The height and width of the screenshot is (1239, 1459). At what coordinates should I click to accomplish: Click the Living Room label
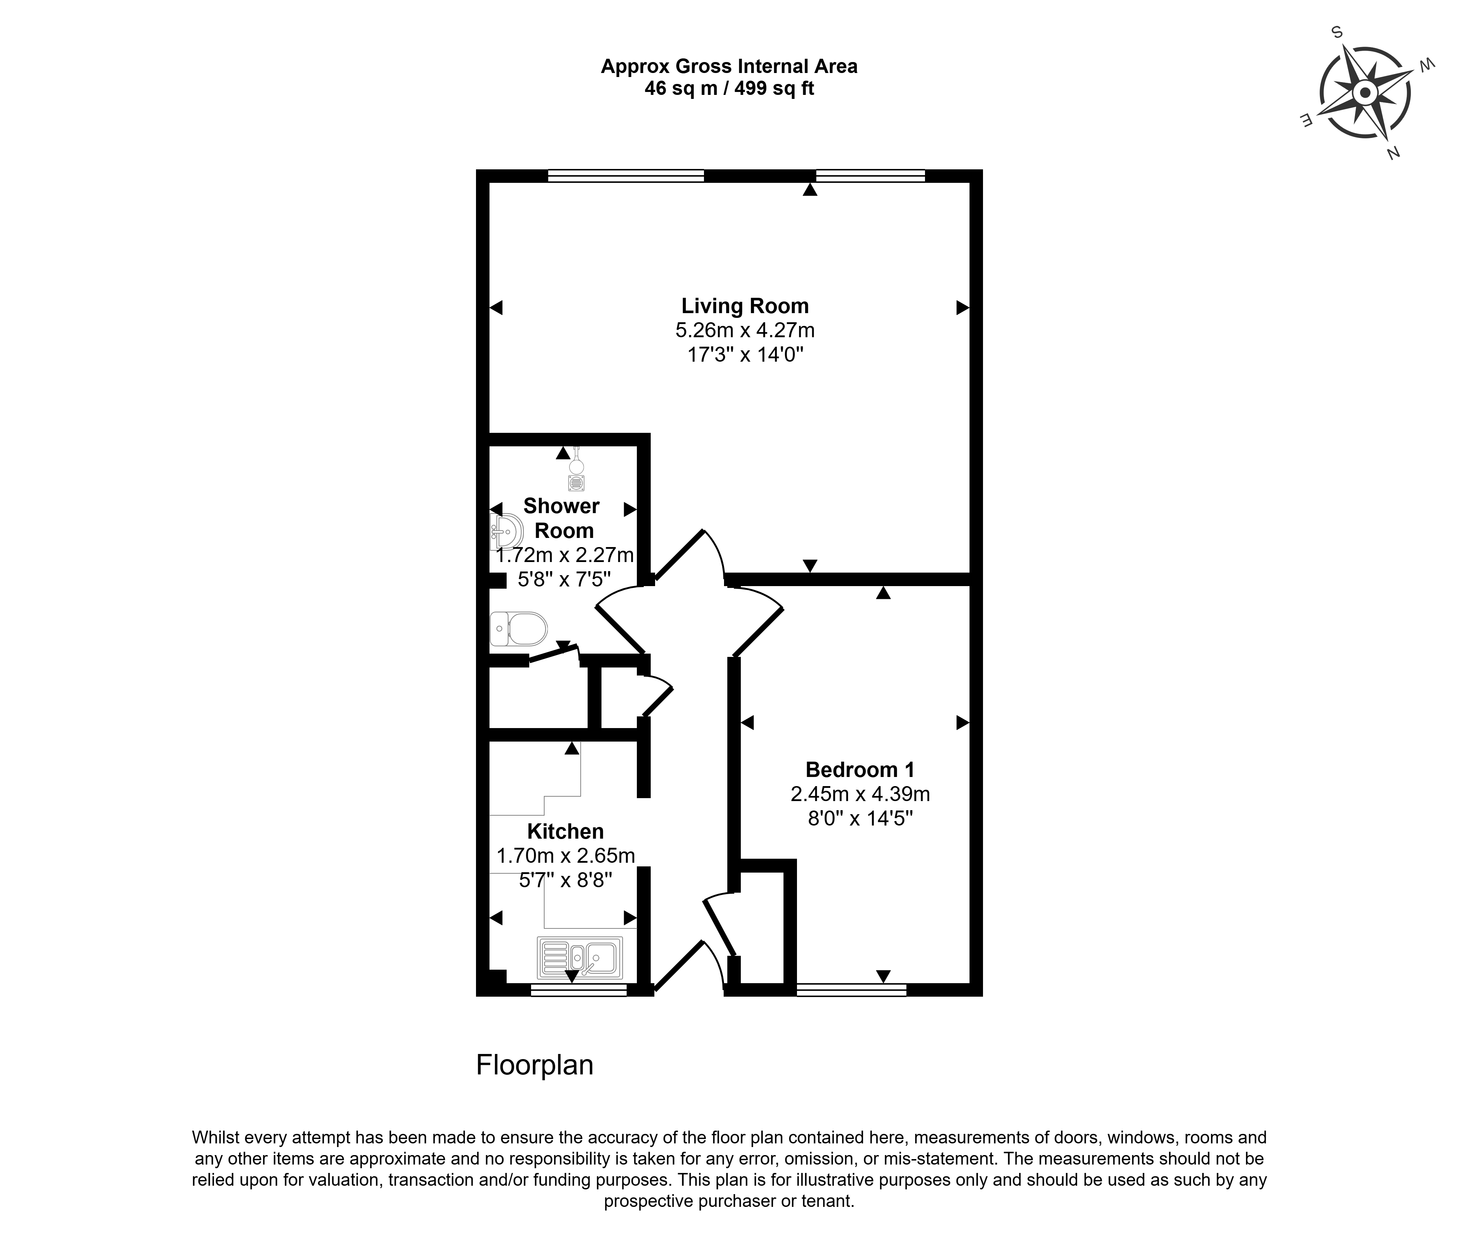pos(745,306)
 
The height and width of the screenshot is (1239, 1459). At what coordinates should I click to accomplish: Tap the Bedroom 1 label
pos(860,770)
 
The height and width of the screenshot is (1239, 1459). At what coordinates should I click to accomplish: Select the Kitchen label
pos(565,832)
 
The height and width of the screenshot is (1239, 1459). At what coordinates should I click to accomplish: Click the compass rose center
pos(1365,93)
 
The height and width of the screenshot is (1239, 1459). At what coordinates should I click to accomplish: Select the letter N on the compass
pos(1393,153)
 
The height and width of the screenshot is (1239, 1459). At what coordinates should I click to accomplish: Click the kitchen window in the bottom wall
pos(578,990)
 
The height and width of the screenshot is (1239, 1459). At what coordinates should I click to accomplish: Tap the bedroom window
pos(851,990)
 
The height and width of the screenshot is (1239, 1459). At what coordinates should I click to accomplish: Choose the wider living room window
pos(626,176)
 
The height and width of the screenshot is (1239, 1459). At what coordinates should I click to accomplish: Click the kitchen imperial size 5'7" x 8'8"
pos(565,880)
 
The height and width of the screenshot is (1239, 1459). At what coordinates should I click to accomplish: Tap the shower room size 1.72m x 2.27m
pos(565,555)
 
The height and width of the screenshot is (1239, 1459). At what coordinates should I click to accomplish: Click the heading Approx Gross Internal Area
pos(729,67)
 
